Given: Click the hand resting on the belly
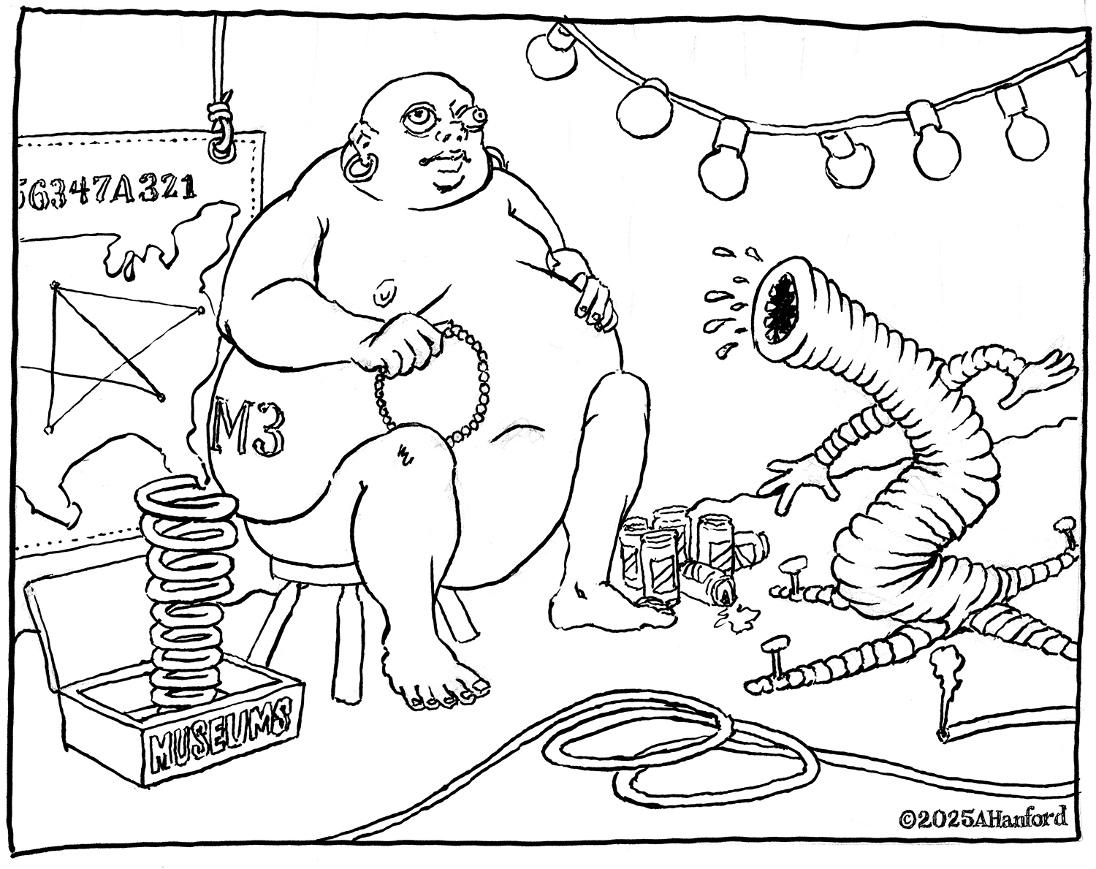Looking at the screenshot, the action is coord(586,290).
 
